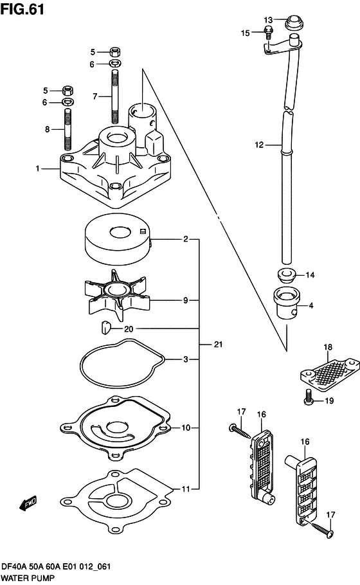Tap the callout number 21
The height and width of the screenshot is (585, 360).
(x=218, y=345)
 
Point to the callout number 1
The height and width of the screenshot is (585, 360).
(x=38, y=168)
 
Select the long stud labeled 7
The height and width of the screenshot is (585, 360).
(x=115, y=97)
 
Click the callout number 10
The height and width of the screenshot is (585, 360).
(x=185, y=427)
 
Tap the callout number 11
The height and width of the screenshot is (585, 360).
(x=185, y=489)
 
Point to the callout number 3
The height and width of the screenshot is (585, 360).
(x=185, y=359)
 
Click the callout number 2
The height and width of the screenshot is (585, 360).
(x=185, y=239)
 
